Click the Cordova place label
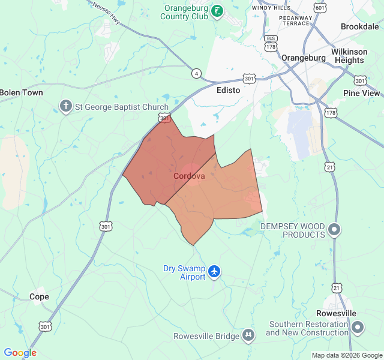[x=189, y=176]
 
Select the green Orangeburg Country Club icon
[x=217, y=11]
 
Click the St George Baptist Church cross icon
[x=65, y=107]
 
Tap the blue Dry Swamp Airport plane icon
[x=215, y=272]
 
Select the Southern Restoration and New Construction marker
[x=358, y=328]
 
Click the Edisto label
[x=228, y=90]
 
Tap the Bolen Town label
[x=22, y=92]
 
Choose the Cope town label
[x=39, y=296]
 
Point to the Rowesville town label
[x=336, y=313]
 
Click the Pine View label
[x=362, y=93]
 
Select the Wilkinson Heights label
[x=348, y=56]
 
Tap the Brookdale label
[x=359, y=26]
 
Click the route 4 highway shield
[x=196, y=73]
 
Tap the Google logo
[x=20, y=353]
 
